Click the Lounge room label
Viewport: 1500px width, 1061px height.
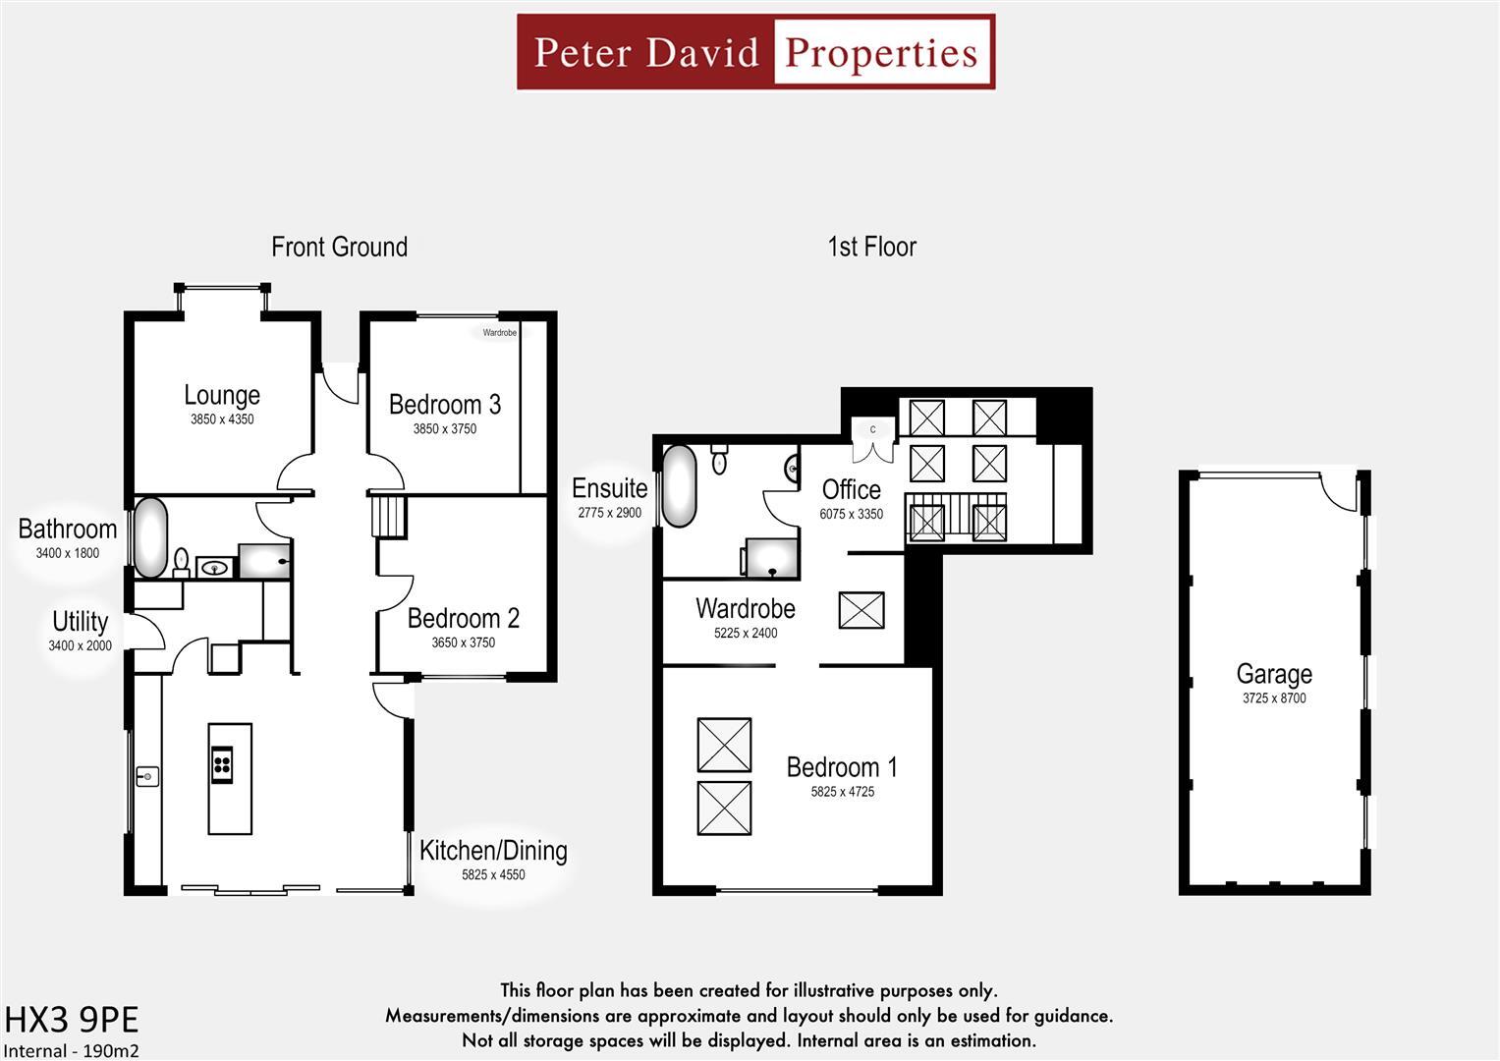[222, 395]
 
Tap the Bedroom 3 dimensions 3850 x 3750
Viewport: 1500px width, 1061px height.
[445, 428]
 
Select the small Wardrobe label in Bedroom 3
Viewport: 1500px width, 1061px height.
[500, 332]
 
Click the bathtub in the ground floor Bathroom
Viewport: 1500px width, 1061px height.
[150, 537]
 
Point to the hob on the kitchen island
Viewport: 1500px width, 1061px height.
[222, 764]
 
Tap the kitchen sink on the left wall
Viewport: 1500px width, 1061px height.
[147, 776]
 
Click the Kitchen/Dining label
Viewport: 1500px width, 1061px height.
[493, 851]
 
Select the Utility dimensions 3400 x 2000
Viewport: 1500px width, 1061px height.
[80, 645]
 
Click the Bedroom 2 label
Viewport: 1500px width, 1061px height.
[464, 618]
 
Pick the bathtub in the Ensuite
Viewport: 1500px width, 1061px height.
[679, 485]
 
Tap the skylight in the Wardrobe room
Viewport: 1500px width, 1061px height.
[861, 610]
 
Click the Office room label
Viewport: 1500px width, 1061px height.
[851, 489]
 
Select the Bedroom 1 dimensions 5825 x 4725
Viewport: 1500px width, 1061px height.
[843, 792]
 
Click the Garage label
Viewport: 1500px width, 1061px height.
[1274, 674]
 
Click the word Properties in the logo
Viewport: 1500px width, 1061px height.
[881, 52]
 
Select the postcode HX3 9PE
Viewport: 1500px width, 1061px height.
[72, 1020]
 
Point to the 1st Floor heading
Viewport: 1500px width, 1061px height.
[872, 247]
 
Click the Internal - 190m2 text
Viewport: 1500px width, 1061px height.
[72, 1051]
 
